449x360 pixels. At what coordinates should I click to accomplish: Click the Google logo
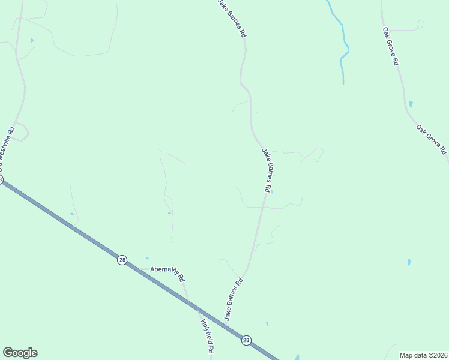click(20, 353)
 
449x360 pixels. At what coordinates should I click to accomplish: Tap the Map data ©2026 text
click(423, 355)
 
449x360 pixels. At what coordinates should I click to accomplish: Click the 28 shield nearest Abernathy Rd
click(122, 260)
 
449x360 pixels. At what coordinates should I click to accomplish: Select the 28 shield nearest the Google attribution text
click(246, 340)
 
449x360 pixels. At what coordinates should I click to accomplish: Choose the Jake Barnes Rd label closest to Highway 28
click(234, 298)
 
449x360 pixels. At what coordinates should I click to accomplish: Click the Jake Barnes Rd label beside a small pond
click(267, 170)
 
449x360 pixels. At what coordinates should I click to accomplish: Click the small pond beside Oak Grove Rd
click(411, 104)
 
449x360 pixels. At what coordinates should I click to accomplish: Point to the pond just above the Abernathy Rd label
click(147, 259)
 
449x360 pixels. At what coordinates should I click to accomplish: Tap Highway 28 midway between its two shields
click(184, 300)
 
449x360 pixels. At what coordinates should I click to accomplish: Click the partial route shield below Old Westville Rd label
click(1, 179)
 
